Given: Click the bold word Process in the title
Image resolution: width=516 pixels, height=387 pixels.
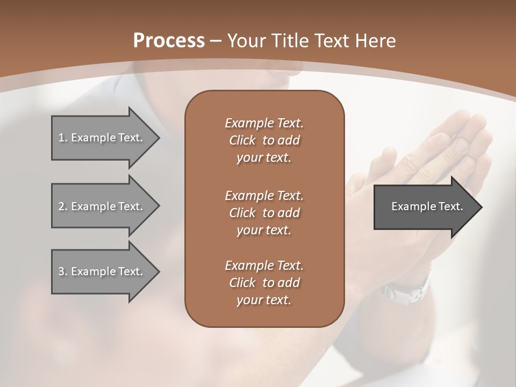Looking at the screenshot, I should [x=169, y=41].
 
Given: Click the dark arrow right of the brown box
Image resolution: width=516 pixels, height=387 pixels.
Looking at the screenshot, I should [x=425, y=206].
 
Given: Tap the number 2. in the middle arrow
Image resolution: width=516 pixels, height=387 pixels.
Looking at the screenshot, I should [x=62, y=206].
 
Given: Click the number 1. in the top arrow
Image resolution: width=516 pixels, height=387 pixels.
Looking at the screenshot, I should [x=62, y=138].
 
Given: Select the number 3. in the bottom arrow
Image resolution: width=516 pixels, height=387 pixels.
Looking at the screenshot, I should [x=62, y=271].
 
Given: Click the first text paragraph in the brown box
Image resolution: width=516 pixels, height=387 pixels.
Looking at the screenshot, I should [x=264, y=140].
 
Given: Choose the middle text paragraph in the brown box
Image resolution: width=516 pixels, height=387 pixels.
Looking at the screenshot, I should [x=264, y=213].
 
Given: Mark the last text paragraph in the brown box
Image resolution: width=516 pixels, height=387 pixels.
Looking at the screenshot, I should [x=264, y=283].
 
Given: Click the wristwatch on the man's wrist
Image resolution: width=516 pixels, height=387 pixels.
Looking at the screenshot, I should [x=406, y=290].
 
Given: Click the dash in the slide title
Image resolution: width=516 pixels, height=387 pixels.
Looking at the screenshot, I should [x=216, y=41].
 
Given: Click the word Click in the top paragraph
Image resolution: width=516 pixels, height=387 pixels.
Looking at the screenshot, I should [x=242, y=141].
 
